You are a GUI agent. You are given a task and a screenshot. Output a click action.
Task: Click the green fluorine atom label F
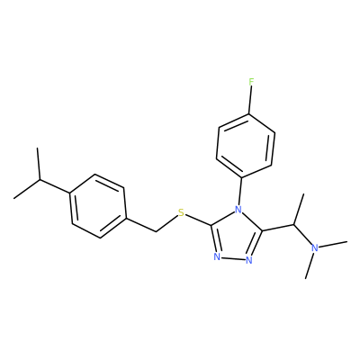point(251,82)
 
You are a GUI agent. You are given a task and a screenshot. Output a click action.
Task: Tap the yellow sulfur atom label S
point(181,213)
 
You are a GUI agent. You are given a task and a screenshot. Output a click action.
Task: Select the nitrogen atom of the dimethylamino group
point(315,247)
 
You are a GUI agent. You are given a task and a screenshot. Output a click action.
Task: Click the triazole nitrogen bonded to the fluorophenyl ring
point(238,209)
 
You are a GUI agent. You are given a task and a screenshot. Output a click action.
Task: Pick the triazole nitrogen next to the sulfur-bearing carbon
point(217,257)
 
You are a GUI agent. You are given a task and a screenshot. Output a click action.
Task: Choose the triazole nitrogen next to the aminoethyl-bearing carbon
point(248,260)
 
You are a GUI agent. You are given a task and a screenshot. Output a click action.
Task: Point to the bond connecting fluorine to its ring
point(250,100)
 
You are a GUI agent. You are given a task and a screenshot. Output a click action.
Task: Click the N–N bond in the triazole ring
point(233,258)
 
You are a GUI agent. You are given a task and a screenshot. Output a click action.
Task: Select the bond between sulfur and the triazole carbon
point(198,220)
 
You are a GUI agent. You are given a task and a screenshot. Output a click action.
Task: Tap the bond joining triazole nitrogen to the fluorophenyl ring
point(240,190)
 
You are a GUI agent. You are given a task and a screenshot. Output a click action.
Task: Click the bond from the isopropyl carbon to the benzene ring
point(55,186)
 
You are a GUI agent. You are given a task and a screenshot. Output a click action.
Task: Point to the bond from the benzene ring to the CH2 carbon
point(140,224)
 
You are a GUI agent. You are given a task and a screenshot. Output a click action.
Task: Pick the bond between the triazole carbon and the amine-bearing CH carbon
point(278,228)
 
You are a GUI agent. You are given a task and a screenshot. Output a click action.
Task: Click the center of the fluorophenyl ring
point(246,145)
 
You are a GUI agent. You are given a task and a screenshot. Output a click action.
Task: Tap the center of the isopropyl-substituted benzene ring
point(98,206)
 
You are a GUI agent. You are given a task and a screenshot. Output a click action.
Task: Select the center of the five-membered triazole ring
point(236,237)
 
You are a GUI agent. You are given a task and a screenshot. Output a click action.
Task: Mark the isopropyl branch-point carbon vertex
point(40,180)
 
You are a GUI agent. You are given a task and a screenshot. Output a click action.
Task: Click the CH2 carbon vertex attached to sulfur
point(156,232)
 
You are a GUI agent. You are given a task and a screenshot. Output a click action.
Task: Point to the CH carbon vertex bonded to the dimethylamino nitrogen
point(294,224)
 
